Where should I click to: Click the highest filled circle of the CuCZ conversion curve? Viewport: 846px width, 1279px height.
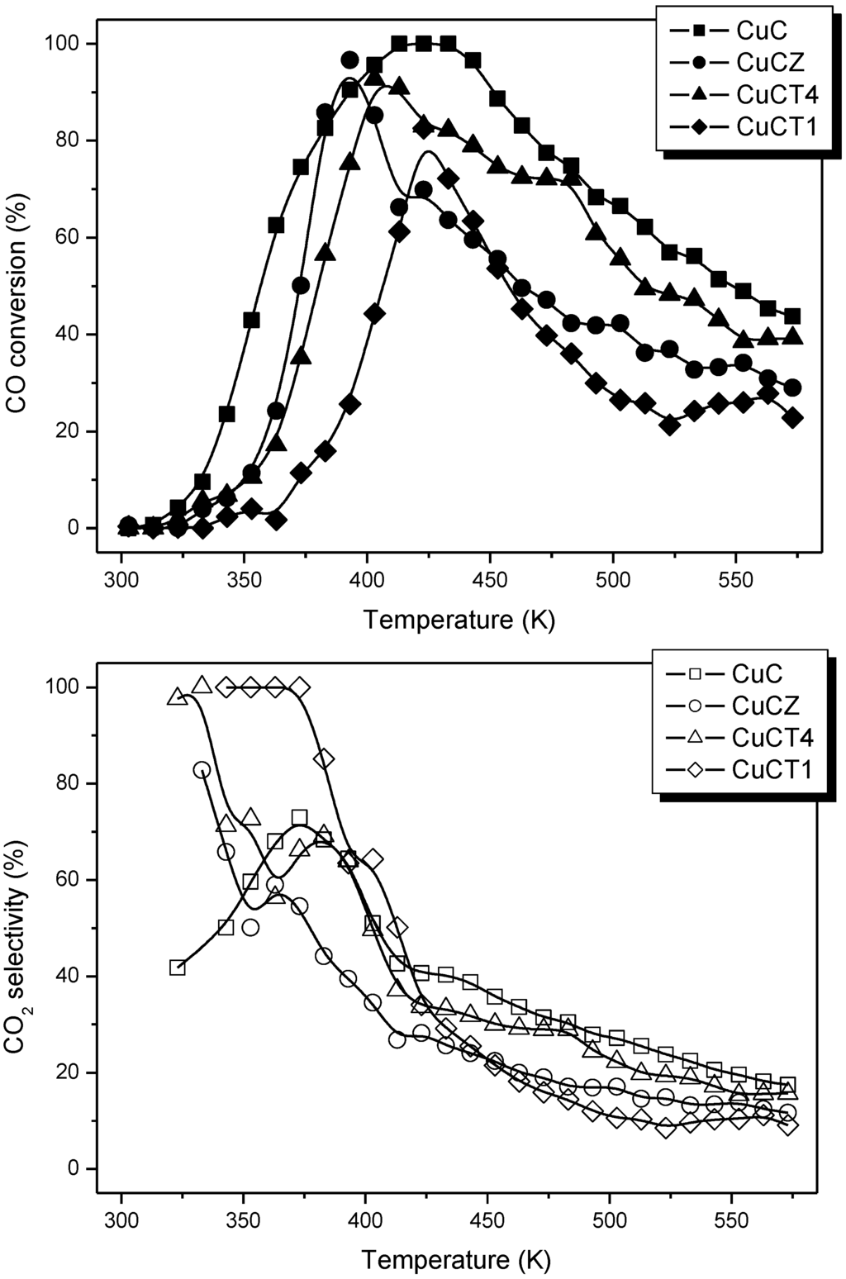(x=349, y=60)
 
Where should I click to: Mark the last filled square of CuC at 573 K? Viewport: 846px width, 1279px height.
(x=792, y=316)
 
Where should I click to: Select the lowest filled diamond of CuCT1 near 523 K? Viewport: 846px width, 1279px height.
(x=670, y=425)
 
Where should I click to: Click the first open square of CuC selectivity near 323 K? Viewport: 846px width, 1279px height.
(x=177, y=968)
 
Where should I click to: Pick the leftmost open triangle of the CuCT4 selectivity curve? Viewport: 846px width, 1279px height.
(x=177, y=697)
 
